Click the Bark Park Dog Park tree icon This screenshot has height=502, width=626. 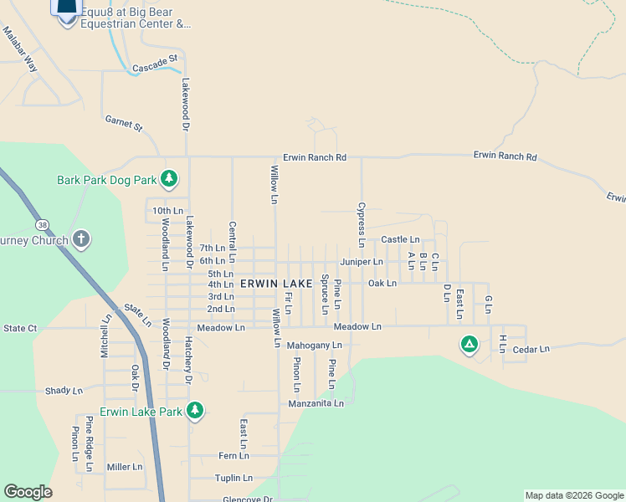pos(170,178)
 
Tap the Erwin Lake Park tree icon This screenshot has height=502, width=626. pos(194,410)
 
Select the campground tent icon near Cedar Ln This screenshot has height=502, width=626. pos(469,343)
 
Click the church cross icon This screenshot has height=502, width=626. pos(80,239)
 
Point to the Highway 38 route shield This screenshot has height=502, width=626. pos(43,224)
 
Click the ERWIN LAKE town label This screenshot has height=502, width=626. pos(276,284)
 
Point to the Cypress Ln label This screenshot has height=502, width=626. pos(362,224)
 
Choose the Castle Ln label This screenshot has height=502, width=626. pos(400,239)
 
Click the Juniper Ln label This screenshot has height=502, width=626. pos(361,262)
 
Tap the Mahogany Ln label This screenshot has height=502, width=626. pos(314,345)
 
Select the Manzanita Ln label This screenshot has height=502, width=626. pos(316,403)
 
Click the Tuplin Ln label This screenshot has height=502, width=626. pos(233,479)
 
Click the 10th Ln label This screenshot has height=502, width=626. pos(167,210)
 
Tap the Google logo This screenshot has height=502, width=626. pos(28,492)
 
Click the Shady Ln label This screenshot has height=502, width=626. pos(64,391)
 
